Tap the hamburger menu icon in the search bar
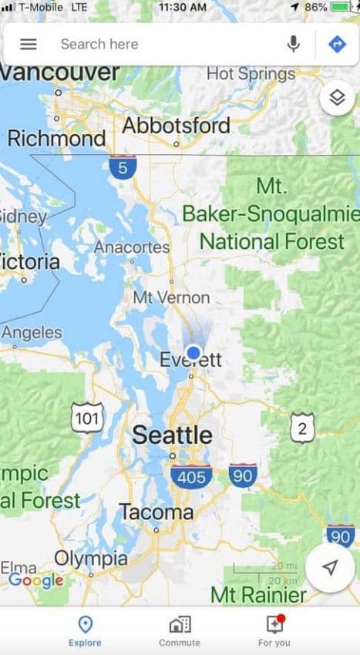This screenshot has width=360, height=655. coord(29,44)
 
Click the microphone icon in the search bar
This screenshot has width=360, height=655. coord(293,44)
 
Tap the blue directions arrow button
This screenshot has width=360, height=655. coord(337,44)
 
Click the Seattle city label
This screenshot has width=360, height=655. coord(172,435)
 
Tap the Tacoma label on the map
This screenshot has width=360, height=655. coord(156,512)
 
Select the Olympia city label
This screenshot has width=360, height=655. coord(91,558)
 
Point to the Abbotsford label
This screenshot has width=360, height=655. coord(176,126)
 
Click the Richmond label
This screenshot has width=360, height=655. coord(56,139)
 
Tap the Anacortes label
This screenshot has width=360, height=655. coord(132,247)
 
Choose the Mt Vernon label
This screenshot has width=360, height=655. coord(171,297)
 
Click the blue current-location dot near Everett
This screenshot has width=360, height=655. coord(193,352)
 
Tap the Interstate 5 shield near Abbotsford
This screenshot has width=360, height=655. coord(123,167)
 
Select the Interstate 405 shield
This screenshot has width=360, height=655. coord(191,477)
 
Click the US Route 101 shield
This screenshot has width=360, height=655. coord(86,418)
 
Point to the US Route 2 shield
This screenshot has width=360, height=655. coord(302,428)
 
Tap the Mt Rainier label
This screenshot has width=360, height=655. coord(258,595)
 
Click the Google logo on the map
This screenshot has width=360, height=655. coord(35,580)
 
